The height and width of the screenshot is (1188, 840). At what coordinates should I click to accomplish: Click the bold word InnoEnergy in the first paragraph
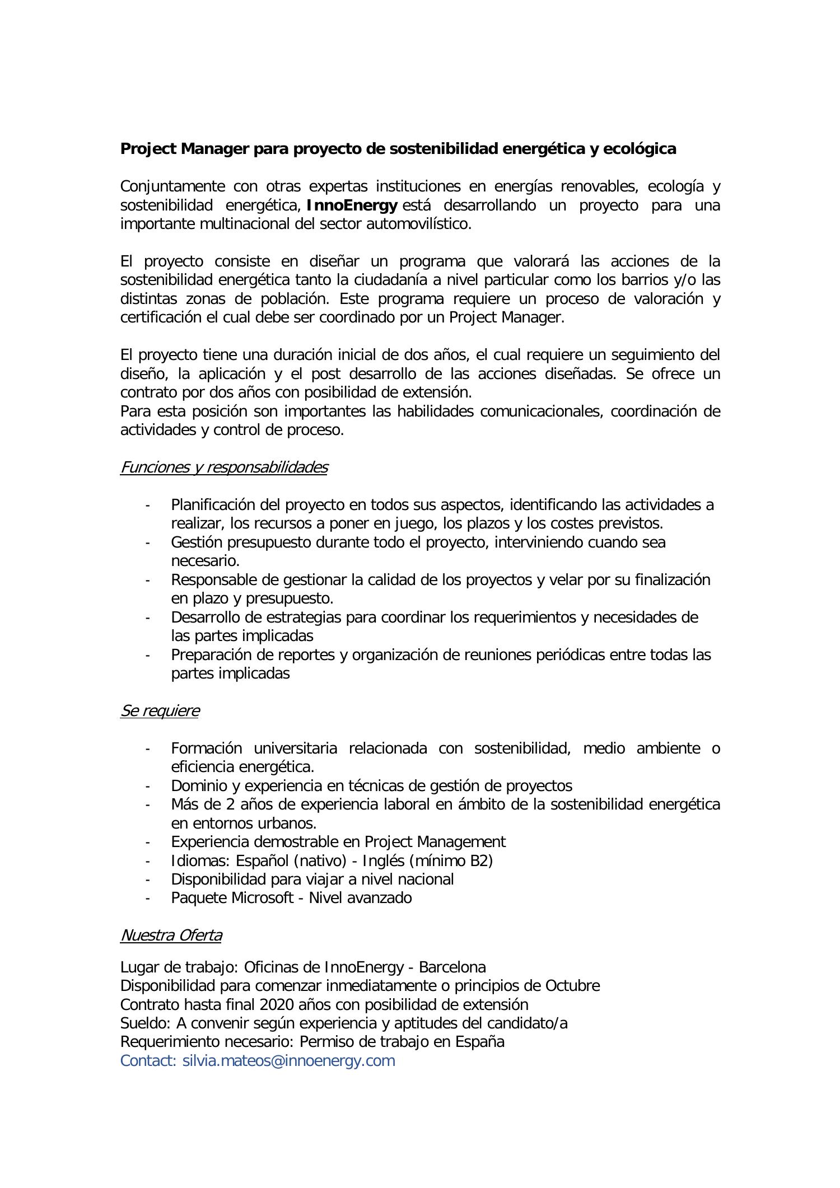coord(352,205)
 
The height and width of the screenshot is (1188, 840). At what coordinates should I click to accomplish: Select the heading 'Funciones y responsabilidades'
coord(223,467)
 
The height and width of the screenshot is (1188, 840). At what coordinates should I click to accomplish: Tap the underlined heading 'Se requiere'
coord(160,710)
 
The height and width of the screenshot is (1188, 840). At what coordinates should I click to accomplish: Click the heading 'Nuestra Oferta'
coord(171,935)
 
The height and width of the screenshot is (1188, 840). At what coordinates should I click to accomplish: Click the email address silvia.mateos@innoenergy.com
coord(288,1060)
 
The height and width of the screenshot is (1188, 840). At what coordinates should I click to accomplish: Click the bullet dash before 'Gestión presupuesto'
coord(147,542)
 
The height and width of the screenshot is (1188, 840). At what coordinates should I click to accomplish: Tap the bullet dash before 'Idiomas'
coord(147,860)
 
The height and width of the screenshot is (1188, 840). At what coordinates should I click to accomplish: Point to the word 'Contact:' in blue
coord(148,1060)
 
